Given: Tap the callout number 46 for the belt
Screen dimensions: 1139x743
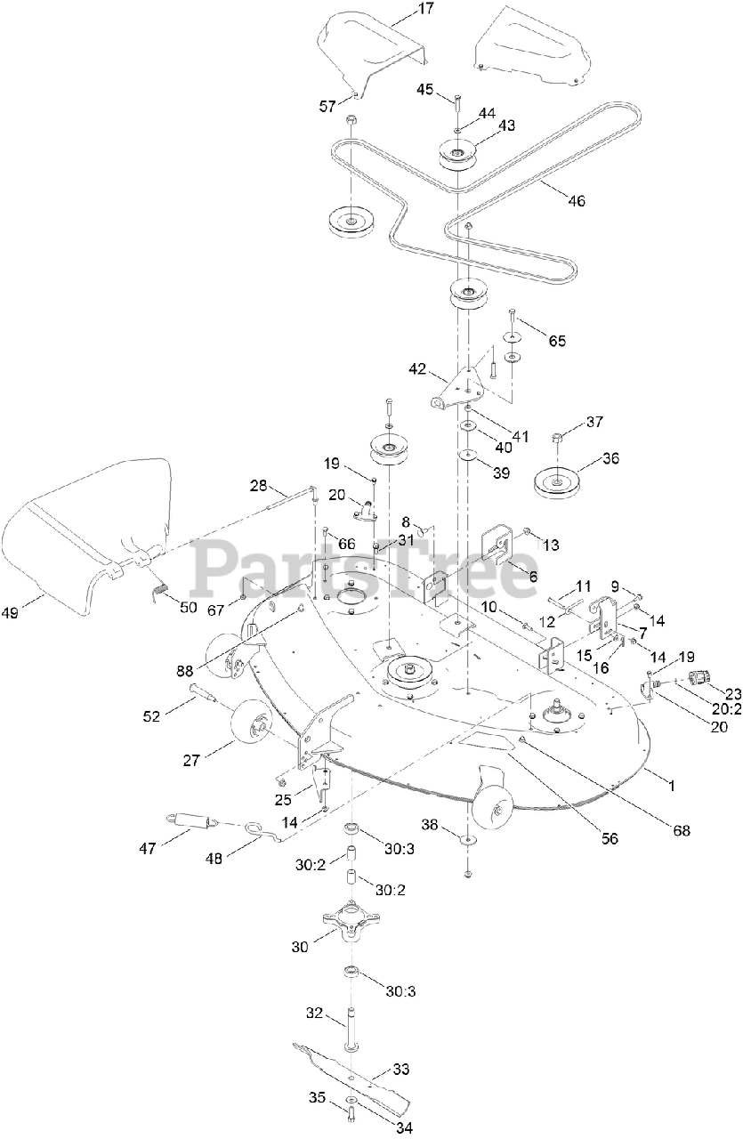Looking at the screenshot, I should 577,201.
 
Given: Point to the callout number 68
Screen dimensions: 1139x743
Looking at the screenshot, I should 682,830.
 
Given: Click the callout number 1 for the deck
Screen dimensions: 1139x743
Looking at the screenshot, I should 672,786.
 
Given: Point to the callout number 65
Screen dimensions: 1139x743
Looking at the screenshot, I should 557,341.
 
